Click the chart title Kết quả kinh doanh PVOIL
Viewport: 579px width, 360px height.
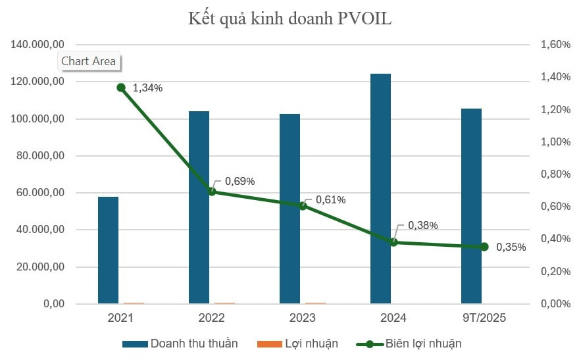click(289, 18)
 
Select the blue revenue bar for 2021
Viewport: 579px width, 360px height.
click(108, 250)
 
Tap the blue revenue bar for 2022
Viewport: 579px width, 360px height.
click(199, 207)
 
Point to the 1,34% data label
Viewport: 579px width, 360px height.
click(147, 88)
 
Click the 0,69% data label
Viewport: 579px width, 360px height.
click(239, 181)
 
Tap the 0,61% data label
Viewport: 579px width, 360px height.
click(330, 199)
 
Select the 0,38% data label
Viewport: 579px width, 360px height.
click(422, 225)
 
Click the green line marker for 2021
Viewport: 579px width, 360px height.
click(121, 88)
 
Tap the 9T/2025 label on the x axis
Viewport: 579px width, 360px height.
click(484, 318)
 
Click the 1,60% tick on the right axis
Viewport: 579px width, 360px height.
click(555, 45)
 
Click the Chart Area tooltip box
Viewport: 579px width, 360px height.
click(88, 61)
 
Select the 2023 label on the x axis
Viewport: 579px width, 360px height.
click(302, 318)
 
